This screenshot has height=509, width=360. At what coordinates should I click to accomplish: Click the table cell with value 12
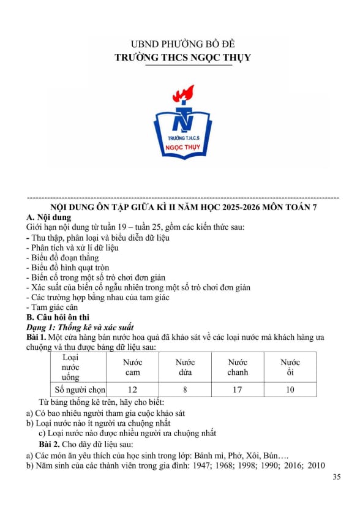(132, 390)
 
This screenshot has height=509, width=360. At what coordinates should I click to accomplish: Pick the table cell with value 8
(185, 390)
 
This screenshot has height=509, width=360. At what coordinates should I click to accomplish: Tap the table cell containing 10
(290, 390)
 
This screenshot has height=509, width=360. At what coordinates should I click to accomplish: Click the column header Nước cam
(132, 368)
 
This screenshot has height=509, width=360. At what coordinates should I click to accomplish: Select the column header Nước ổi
(290, 368)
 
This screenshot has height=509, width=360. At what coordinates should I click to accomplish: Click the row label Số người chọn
(80, 390)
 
